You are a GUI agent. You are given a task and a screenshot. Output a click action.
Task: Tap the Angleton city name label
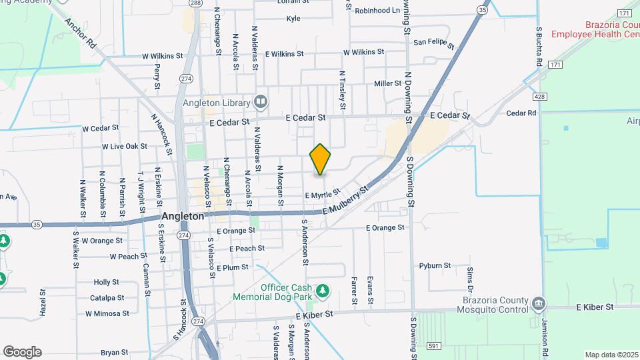tap(183, 217)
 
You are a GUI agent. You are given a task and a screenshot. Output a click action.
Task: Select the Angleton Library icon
tap(261, 102)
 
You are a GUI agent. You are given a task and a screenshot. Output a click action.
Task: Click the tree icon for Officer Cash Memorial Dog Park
tap(323, 290)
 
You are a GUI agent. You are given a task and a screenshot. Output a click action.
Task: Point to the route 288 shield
tap(195, 3)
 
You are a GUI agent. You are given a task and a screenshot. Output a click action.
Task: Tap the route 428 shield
tap(540, 97)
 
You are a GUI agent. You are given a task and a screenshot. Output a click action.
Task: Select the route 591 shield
tap(433, 345)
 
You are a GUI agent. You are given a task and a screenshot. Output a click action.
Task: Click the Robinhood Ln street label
tap(377, 11)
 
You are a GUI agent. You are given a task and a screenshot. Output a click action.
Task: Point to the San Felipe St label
tap(433, 43)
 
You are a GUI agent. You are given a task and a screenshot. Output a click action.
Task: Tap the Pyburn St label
tap(435, 265)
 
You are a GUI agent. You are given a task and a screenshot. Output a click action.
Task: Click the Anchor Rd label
tap(81, 33)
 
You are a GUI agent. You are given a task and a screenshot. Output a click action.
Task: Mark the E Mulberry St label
tap(345, 201)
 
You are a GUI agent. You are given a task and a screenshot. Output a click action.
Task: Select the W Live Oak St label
tap(124, 146)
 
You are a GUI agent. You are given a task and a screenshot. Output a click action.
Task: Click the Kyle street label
tap(293, 19)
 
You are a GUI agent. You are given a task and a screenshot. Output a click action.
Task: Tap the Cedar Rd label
tap(521, 113)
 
